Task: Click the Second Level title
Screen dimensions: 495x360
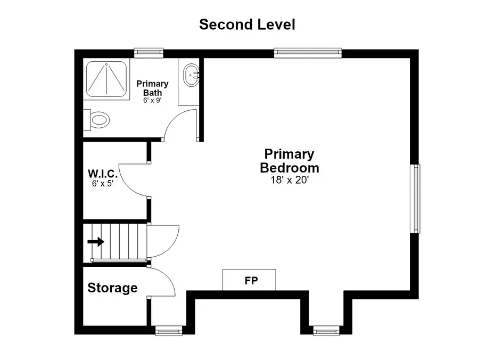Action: pos(247,24)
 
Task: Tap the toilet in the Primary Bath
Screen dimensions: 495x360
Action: pos(96,120)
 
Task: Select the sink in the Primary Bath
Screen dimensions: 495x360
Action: pos(191,75)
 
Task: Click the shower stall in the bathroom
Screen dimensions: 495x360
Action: pos(106,79)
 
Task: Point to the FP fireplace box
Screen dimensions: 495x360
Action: pos(249,280)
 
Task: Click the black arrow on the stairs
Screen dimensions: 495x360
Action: pos(96,242)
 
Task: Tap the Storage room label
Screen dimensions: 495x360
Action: pos(112,288)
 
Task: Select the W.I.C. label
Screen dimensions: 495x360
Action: pos(103,174)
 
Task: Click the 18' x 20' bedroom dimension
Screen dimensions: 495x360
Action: pos(290,180)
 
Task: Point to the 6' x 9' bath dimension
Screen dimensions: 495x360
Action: pos(152,101)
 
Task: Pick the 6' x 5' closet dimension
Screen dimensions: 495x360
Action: pos(103,184)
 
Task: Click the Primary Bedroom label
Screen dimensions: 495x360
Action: pos(290,161)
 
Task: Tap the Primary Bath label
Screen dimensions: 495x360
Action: pos(152,88)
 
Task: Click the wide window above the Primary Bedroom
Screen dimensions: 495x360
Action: pos(308,53)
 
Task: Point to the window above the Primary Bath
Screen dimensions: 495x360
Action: pos(148,53)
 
